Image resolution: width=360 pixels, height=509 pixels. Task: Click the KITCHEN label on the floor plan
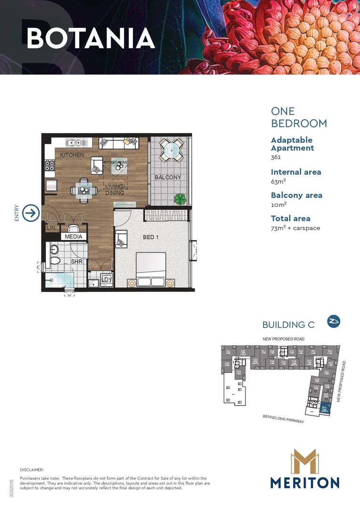(x=72, y=155)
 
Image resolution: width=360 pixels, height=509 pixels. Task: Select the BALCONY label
(x=168, y=178)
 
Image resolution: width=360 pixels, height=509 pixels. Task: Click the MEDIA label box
(x=74, y=237)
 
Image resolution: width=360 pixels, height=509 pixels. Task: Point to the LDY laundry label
(x=107, y=279)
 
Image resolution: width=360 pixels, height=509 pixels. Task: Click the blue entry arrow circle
(x=31, y=213)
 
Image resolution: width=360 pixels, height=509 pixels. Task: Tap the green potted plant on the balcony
(x=180, y=199)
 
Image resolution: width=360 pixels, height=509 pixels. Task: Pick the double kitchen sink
(x=74, y=142)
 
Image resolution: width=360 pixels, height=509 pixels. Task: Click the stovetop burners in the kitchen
(x=49, y=165)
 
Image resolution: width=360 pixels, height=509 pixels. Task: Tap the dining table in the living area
(x=84, y=190)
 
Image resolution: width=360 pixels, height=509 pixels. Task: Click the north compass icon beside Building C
(x=334, y=321)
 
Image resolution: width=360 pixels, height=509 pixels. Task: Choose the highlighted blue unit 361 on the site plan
(x=325, y=409)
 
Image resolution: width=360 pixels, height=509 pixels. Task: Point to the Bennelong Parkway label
(x=283, y=419)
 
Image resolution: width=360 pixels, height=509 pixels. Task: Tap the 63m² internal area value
(x=279, y=181)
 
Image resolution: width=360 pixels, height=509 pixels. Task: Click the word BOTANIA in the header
(x=90, y=38)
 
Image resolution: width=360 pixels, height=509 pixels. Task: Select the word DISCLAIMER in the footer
(x=32, y=470)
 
